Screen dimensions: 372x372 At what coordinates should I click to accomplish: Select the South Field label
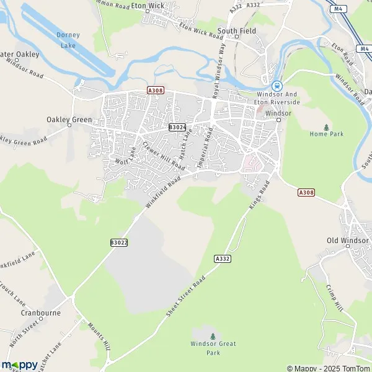pos(236,30)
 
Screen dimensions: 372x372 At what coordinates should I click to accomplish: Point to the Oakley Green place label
pos(69,119)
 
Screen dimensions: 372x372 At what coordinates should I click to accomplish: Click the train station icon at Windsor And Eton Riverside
pos(277,86)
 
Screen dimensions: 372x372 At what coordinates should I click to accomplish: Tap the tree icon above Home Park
pos(326,126)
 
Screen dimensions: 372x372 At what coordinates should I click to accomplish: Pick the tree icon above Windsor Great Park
pos(213,337)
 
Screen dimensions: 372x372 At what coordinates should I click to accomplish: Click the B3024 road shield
pos(177,127)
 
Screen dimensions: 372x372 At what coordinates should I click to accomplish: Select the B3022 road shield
pos(119,242)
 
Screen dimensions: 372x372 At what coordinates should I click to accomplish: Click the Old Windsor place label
pos(347,240)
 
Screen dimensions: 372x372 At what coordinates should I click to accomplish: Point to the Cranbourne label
pos(40,313)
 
